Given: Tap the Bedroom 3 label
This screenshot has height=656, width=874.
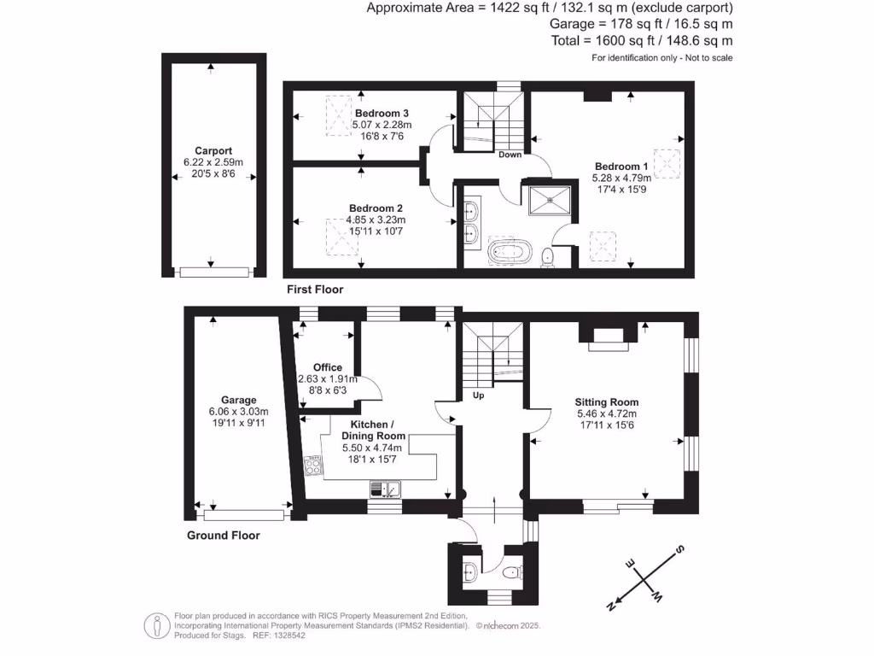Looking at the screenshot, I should (x=382, y=114).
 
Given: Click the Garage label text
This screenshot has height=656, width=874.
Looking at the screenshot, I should (x=238, y=400).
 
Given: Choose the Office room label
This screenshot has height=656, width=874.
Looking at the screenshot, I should (x=327, y=367).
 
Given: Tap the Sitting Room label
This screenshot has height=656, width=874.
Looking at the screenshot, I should (x=606, y=402).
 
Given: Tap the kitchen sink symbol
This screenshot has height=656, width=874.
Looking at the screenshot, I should (x=387, y=489).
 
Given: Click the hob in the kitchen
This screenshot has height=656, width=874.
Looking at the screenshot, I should (x=313, y=466).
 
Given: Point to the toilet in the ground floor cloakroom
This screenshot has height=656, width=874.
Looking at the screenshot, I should (x=512, y=572).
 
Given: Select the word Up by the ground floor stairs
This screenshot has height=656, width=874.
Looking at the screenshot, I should (x=479, y=396).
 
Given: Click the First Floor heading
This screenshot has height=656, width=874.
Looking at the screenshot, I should (x=314, y=290).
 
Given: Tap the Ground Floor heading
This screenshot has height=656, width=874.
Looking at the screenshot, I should (x=223, y=536).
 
